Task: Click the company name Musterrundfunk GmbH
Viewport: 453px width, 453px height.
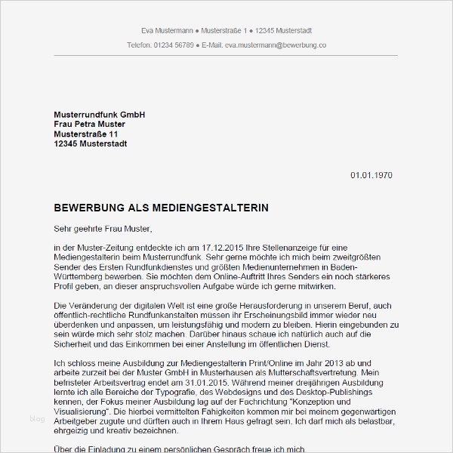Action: tap(99, 115)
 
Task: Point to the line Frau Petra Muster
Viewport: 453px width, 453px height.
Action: tap(90, 125)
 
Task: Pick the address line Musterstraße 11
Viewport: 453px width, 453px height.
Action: tap(86, 134)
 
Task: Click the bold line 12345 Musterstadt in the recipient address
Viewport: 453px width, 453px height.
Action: tap(91, 144)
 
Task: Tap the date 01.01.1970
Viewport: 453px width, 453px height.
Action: tap(371, 176)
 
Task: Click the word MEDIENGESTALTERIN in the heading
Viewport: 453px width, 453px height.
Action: tap(209, 207)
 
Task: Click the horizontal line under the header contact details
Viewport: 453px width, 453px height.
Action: tap(226, 56)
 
